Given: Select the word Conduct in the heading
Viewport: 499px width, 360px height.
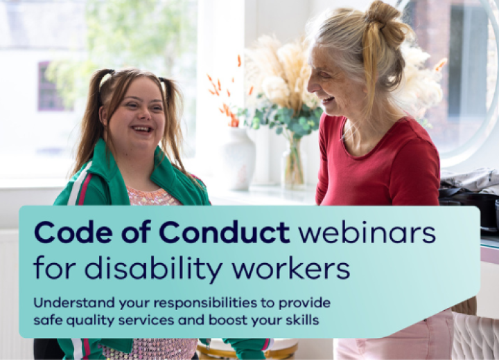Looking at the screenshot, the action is click(x=225, y=232).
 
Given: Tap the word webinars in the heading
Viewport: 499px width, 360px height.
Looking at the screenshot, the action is click(x=367, y=232).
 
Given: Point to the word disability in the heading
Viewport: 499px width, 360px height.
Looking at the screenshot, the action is click(x=153, y=267).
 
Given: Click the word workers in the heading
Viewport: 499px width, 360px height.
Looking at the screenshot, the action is click(x=291, y=268).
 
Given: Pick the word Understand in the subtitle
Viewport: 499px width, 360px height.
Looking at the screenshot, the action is click(x=74, y=303).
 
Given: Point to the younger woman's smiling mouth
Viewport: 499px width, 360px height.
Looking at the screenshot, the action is click(x=142, y=129).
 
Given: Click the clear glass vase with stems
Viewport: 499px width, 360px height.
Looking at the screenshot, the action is click(x=292, y=163).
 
